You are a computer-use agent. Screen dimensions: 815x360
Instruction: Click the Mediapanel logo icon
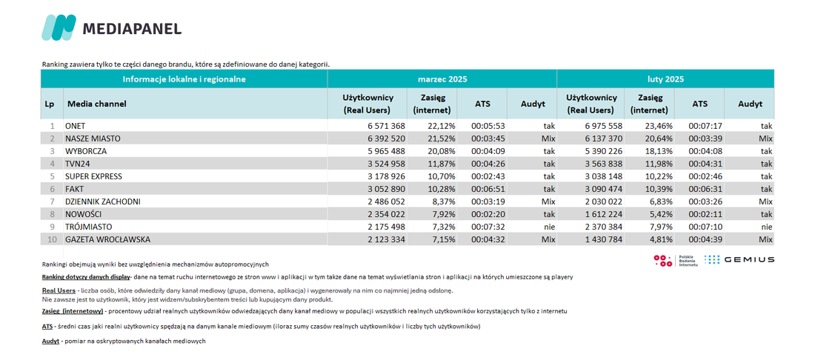(59, 27)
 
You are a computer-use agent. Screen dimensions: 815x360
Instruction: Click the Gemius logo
(739, 260)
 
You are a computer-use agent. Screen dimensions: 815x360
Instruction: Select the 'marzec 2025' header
(442, 79)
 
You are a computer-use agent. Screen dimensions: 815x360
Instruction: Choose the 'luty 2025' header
(665, 79)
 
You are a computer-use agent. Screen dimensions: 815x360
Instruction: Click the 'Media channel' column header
(96, 104)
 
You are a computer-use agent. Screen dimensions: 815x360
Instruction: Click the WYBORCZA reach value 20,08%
(439, 151)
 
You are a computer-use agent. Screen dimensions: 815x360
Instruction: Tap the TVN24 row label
(76, 164)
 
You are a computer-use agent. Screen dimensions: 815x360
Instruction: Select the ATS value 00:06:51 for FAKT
(487, 189)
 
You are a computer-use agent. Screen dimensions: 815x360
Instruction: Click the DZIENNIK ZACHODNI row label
(103, 201)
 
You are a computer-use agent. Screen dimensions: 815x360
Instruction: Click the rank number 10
(51, 239)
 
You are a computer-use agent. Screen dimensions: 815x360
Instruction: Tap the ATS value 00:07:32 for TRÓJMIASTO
(487, 227)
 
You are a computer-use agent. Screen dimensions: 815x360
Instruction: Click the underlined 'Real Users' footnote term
(59, 290)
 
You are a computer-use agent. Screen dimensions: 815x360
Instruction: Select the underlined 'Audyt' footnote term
(51, 341)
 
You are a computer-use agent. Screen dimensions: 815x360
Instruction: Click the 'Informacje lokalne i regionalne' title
(184, 79)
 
